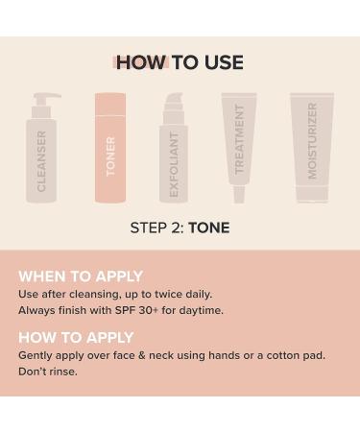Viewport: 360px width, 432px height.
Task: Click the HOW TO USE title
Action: tap(180, 63)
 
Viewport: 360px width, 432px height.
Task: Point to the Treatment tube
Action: tap(239, 144)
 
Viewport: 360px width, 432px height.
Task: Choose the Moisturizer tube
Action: tap(312, 149)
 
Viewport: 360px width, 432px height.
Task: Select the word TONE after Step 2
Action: tap(209, 228)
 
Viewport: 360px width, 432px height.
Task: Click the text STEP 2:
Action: tap(156, 228)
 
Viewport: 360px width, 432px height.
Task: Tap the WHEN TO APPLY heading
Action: tap(81, 276)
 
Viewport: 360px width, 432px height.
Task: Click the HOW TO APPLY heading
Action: tap(76, 338)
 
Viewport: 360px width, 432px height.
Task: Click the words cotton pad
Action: tap(291, 355)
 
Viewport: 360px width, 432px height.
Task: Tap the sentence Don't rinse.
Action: tap(48, 372)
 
